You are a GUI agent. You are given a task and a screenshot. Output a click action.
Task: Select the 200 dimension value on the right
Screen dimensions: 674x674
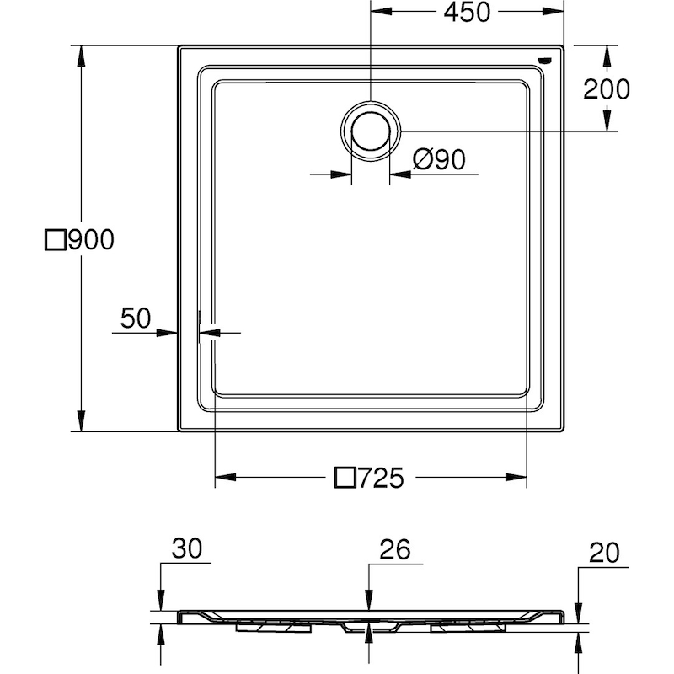coord(607,88)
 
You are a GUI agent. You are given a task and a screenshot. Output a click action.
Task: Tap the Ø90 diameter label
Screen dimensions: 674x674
coord(441,158)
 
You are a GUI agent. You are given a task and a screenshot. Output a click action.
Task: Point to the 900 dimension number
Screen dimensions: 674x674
coord(89,241)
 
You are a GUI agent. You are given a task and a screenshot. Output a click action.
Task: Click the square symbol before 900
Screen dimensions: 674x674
coord(55,241)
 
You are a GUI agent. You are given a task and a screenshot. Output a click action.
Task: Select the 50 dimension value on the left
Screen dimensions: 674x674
coord(135,318)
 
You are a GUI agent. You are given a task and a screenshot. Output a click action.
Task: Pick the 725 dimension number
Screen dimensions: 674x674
coord(382,479)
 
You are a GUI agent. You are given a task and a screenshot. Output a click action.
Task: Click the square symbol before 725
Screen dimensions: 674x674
coord(345,479)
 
